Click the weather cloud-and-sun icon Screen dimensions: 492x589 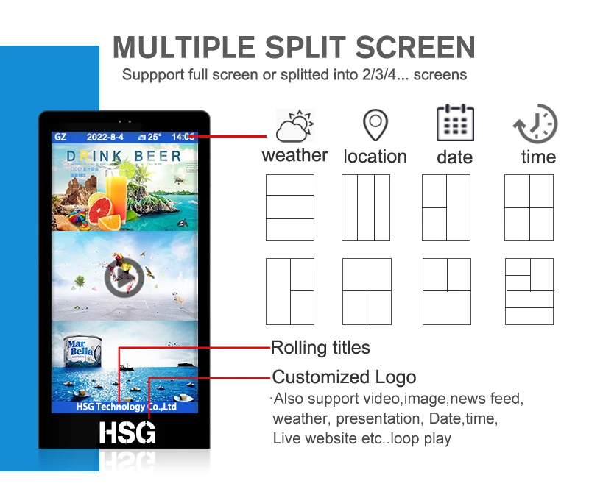click(294, 126)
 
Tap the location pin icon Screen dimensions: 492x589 click(375, 125)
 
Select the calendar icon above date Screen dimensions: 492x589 click(455, 123)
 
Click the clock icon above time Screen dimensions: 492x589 click(535, 124)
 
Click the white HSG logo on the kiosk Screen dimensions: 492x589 click(127, 432)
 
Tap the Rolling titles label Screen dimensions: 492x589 click(320, 348)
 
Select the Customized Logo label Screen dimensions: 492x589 click(344, 377)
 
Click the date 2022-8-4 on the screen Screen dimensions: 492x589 click(106, 137)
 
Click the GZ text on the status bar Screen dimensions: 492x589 click(61, 137)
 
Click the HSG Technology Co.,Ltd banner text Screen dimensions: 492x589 click(126, 407)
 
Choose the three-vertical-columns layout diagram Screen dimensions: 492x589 click(366, 207)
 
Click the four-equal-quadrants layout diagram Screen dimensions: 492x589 click(529, 207)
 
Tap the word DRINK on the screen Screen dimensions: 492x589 click(96, 157)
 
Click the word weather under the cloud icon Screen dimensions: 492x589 click(294, 155)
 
